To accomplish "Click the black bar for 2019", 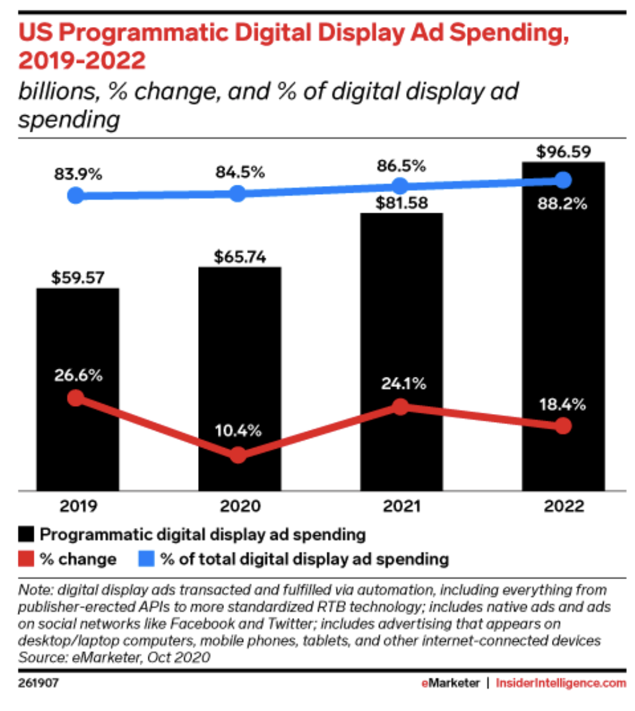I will click(x=78, y=345).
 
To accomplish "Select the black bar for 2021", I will click(x=401, y=308).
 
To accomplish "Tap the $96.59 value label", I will click(x=562, y=150).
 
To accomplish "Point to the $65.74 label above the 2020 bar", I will click(x=240, y=256).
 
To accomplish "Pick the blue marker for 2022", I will click(x=562, y=180).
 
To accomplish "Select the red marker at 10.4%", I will click(x=239, y=455).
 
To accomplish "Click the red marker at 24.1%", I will click(x=401, y=407).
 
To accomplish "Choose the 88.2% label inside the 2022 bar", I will click(x=562, y=205).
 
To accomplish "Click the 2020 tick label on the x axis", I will click(x=239, y=507).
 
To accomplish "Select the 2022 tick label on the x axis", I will click(x=562, y=507).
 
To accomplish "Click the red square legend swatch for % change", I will click(x=26, y=559).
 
